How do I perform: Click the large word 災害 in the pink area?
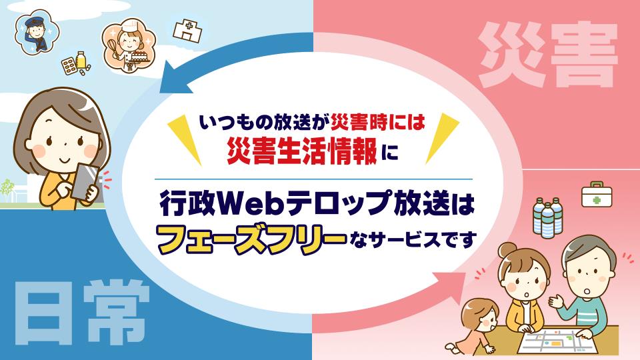547,55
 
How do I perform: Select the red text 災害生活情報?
302,151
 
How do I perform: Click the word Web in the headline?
251,204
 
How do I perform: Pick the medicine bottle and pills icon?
76,64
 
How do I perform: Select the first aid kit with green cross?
596,194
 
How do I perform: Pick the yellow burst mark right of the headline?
441,138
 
